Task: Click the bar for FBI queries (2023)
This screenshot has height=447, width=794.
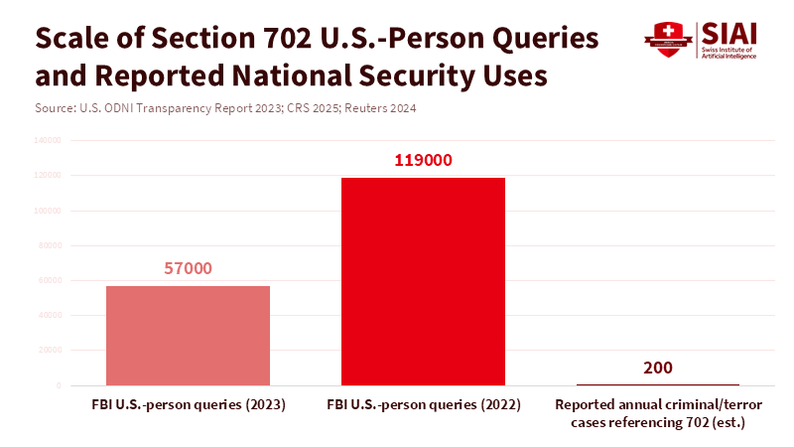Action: (188, 335)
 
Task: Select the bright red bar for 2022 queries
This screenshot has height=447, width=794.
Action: (424, 281)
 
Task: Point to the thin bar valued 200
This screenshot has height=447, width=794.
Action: (658, 383)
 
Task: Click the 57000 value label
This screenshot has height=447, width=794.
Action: (188, 268)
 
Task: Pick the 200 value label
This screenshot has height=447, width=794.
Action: (658, 368)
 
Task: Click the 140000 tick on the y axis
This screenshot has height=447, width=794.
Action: (49, 141)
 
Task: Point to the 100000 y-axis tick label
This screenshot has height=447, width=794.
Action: (49, 211)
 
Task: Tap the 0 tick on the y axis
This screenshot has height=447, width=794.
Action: (59, 385)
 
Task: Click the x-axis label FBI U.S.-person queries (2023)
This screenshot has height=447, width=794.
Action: (188, 405)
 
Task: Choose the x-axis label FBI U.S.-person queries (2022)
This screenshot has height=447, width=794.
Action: (424, 405)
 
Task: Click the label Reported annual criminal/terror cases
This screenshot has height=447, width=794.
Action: (658, 405)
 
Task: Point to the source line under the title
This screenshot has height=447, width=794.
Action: (210, 107)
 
